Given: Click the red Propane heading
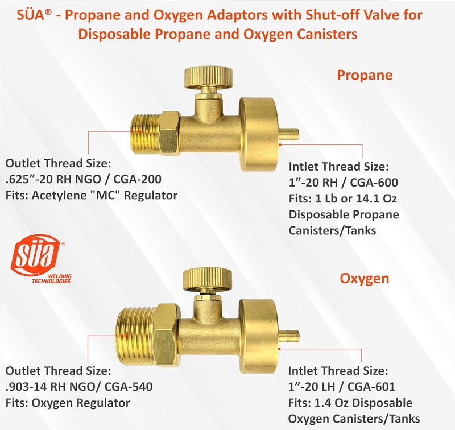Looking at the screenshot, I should (365, 75).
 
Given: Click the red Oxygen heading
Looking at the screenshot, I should (365, 278).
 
